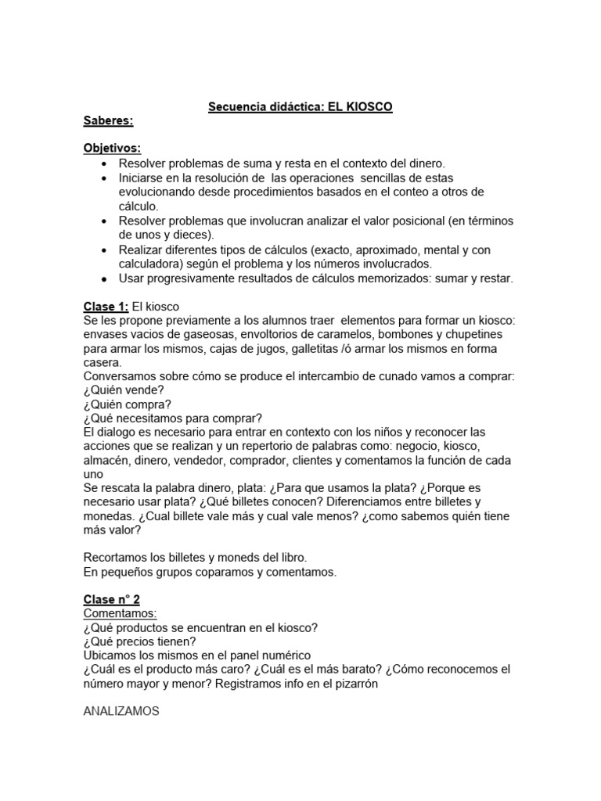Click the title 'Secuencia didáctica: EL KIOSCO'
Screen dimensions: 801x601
click(300, 106)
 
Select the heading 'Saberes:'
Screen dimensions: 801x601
click(108, 121)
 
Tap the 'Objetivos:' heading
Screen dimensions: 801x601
click(112, 149)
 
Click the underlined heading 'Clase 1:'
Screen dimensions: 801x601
click(105, 306)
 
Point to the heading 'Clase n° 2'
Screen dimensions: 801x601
click(111, 599)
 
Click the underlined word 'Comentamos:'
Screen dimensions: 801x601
click(120, 613)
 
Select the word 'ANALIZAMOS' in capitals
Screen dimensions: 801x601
click(121, 711)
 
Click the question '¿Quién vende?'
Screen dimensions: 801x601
click(123, 390)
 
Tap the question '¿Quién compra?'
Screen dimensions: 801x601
click(127, 404)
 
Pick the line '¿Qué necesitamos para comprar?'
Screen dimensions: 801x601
click(172, 418)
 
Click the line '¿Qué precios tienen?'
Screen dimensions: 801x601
click(139, 641)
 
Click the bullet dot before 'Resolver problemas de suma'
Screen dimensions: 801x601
click(104, 164)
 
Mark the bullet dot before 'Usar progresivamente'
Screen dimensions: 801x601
click(104, 278)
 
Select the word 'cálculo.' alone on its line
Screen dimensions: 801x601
click(139, 207)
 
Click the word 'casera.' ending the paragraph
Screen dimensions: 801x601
click(103, 362)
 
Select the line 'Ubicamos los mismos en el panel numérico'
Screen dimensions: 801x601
click(196, 656)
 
